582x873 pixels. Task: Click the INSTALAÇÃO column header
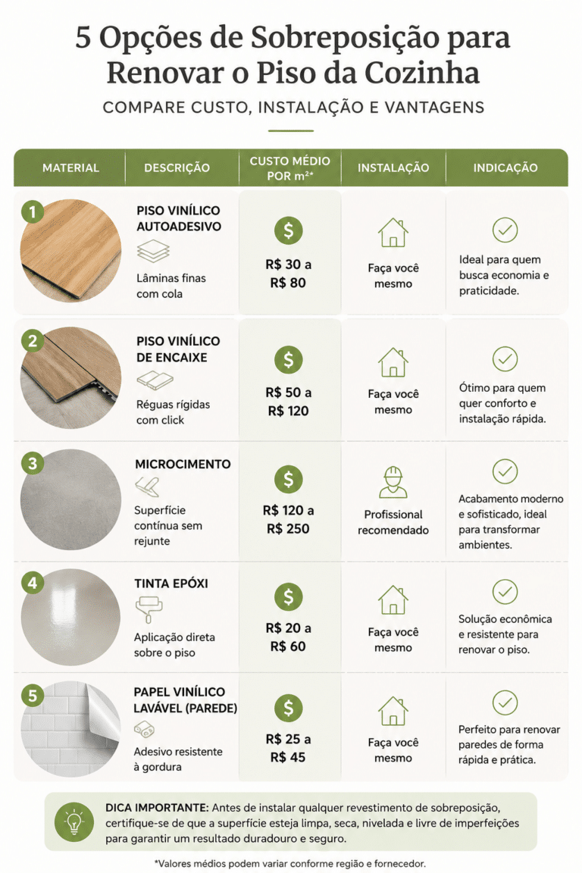tap(393, 167)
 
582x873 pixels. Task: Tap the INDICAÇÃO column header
tap(505, 167)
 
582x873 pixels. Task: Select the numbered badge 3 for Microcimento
tap(33, 463)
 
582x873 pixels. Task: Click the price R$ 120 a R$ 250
tap(288, 519)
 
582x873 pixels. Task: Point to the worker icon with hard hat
tap(393, 482)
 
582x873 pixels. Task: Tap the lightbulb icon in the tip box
tap(74, 821)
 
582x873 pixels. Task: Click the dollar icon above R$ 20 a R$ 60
tap(289, 597)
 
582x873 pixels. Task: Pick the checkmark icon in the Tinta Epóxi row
tap(505, 591)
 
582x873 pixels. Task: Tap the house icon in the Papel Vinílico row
tap(393, 711)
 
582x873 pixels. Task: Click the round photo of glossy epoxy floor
tap(70, 617)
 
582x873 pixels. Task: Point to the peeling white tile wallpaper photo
tap(70, 729)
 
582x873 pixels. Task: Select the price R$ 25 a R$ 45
tap(288, 748)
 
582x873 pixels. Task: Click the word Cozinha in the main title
tap(422, 73)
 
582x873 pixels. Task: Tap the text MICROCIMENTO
tap(183, 464)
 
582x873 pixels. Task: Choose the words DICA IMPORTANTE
tap(157, 807)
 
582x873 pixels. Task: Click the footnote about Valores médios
tap(290, 864)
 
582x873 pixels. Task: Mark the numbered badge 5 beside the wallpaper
tap(33, 696)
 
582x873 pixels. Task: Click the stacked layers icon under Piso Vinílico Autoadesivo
tap(153, 251)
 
